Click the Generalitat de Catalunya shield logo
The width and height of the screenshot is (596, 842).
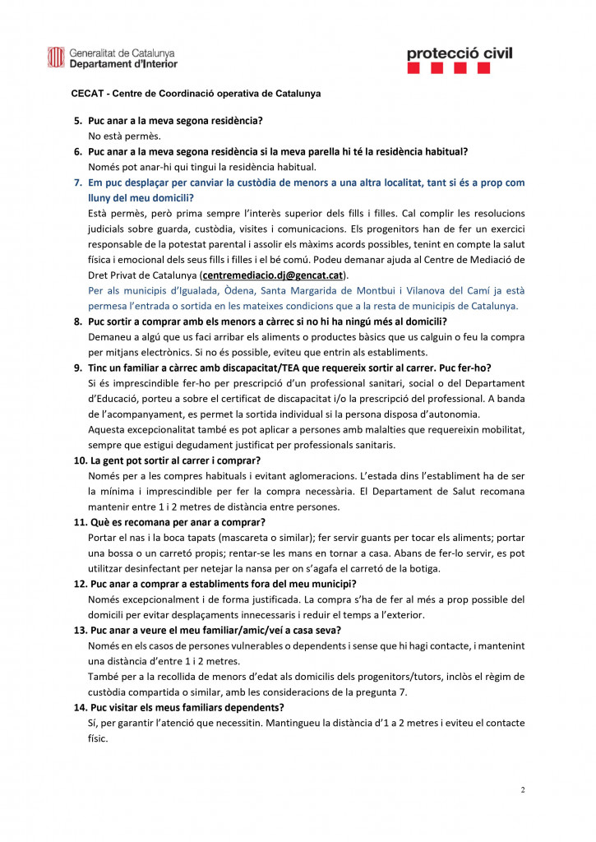56,57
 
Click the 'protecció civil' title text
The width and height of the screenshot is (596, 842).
459,53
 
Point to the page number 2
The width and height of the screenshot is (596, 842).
522,790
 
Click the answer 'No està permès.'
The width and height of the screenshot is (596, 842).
124,136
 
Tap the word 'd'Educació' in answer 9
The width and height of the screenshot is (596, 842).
114,399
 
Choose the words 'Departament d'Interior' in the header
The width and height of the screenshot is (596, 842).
123,62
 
